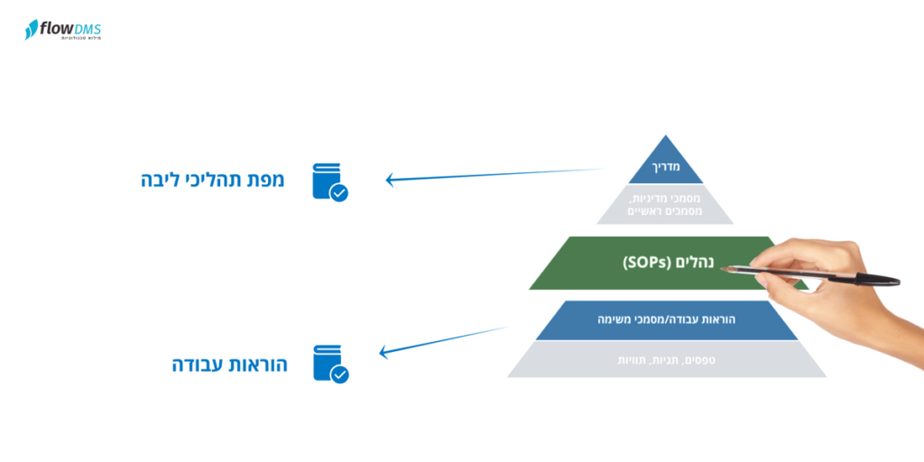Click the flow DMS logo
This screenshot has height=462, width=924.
tap(62, 30)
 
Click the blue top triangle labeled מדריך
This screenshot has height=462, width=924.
tap(665, 165)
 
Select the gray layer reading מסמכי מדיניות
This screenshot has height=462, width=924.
tap(665, 204)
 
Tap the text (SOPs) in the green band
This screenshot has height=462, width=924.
tap(647, 263)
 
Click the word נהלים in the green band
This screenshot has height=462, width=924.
tap(695, 263)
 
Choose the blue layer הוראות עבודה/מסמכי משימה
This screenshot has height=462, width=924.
tap(666, 319)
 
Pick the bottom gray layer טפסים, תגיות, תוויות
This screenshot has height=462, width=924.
tap(666, 360)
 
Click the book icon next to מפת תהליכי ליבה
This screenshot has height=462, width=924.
tap(328, 180)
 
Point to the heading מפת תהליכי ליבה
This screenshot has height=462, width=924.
tap(213, 180)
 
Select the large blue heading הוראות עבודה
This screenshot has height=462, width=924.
tap(230, 365)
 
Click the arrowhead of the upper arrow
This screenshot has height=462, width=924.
tap(390, 180)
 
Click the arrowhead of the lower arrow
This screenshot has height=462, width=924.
tap(383, 352)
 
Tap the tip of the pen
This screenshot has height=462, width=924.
tap(723, 268)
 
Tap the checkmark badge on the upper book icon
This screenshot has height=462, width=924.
tap(339, 192)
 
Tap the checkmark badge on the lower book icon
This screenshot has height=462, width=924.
tap(339, 374)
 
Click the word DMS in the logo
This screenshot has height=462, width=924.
tap(88, 29)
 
